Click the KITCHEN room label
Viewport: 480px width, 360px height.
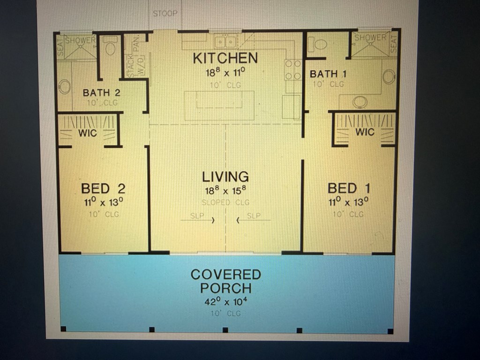point(225,58)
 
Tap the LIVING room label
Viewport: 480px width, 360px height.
point(225,177)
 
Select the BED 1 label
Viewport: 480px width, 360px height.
point(349,188)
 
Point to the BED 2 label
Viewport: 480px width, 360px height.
point(103,188)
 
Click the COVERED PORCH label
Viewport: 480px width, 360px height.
point(225,281)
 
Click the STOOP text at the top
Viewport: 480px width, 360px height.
point(165,14)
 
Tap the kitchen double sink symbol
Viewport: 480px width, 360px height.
point(225,42)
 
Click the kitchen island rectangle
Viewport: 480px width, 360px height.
point(219,105)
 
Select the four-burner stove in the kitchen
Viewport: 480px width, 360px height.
point(293,69)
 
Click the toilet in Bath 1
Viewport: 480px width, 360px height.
point(320,45)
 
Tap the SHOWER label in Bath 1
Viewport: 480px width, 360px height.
point(370,37)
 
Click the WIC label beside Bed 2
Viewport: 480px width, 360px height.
point(88,133)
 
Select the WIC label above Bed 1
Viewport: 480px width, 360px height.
point(365,132)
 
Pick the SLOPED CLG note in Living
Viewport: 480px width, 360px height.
point(225,202)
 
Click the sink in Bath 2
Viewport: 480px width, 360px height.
point(64,86)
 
